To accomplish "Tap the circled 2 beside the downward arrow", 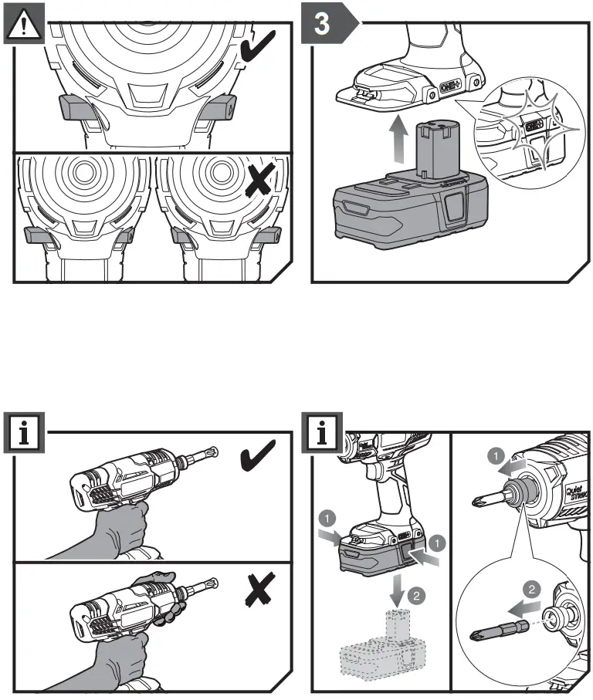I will pyautogui.click(x=415, y=595).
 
